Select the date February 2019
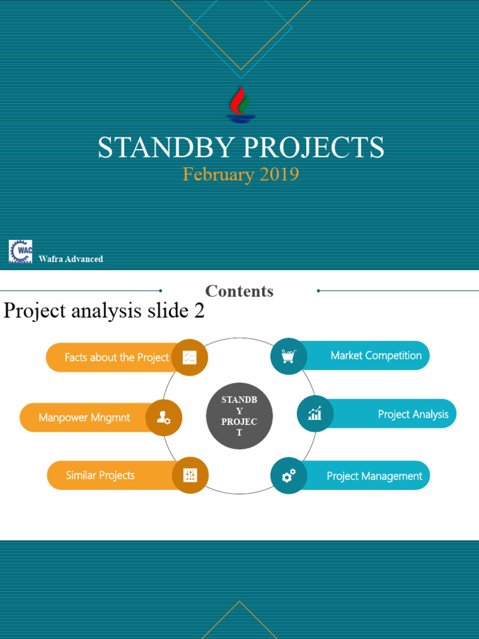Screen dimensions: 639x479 240,174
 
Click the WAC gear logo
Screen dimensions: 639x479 21,251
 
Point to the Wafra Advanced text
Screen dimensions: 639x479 70,259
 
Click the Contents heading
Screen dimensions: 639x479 239,291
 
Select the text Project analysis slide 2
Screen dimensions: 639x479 104,311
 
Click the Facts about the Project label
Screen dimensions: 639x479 117,358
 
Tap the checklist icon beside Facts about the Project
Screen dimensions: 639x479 190,358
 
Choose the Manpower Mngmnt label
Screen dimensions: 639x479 84,417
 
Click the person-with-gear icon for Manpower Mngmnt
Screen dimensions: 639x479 163,417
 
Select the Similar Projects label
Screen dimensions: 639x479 100,476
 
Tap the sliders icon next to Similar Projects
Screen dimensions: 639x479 190,476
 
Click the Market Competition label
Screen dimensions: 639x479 376,356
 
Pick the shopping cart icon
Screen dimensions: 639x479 288,356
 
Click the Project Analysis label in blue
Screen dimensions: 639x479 413,414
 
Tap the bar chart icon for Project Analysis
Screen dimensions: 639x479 315,414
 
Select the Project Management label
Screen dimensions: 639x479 374,476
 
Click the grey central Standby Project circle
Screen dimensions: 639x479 239,416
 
